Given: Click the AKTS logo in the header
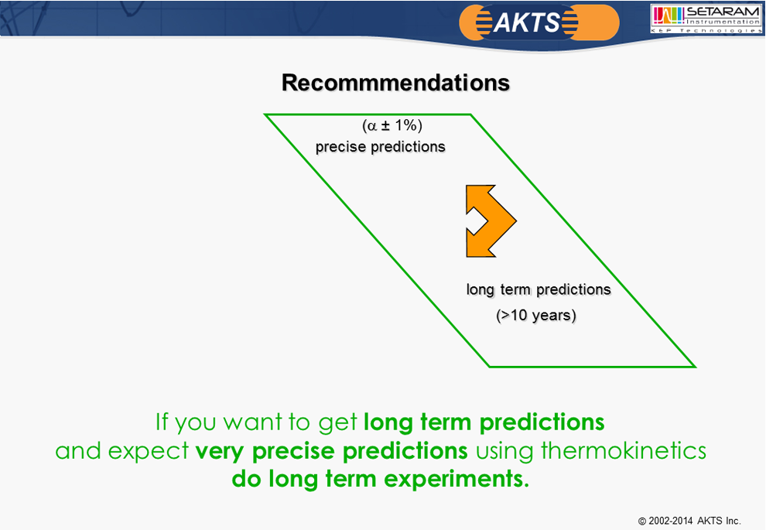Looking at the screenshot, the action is pyautogui.click(x=539, y=22).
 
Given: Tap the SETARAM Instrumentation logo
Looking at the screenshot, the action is pyautogui.click(x=706, y=19).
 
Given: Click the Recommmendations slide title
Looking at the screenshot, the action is pyautogui.click(x=395, y=83).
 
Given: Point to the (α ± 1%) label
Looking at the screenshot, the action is pyautogui.click(x=392, y=125).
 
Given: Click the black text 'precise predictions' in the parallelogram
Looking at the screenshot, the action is pyautogui.click(x=380, y=146).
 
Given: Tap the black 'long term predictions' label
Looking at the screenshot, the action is pyautogui.click(x=539, y=289).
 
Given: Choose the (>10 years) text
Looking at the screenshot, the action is pyautogui.click(x=536, y=316).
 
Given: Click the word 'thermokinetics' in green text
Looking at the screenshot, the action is pyautogui.click(x=624, y=450).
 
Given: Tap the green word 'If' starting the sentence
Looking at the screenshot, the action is pyautogui.click(x=162, y=422).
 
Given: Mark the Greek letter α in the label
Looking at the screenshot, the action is pyautogui.click(x=372, y=127).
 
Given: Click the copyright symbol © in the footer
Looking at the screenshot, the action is pyautogui.click(x=642, y=521).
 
